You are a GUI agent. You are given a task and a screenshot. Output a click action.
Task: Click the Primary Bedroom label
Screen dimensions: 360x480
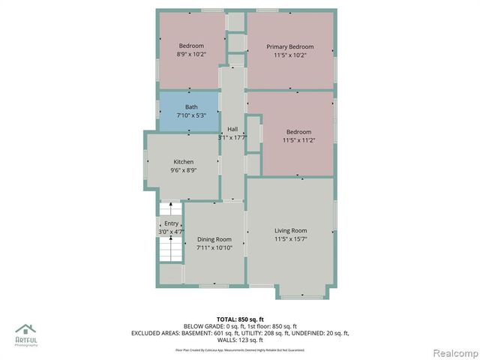pyautogui.click(x=290, y=46)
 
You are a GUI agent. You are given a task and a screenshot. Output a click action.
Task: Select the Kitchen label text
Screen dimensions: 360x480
pyautogui.click(x=184, y=162)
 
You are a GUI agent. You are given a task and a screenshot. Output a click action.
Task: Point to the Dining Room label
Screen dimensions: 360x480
pyautogui.click(x=214, y=239)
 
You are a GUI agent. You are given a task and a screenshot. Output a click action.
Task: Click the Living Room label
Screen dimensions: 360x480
pyautogui.click(x=290, y=230)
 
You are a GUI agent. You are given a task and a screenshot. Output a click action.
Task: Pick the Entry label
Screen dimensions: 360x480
pyautogui.click(x=172, y=223)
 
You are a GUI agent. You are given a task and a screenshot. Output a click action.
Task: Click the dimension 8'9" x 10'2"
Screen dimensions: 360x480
pyautogui.click(x=191, y=55)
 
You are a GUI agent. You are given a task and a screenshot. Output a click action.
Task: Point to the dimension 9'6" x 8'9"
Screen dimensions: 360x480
pyautogui.click(x=184, y=171)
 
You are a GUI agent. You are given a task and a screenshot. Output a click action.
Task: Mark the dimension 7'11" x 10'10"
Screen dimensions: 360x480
pyautogui.click(x=214, y=248)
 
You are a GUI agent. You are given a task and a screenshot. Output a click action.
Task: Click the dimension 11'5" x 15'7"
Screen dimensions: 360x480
pyautogui.click(x=290, y=239)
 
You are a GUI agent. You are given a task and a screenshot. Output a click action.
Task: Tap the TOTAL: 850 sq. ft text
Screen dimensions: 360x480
pyautogui.click(x=240, y=319)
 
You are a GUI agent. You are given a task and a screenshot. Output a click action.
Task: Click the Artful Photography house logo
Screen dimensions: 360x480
pyautogui.click(x=26, y=328)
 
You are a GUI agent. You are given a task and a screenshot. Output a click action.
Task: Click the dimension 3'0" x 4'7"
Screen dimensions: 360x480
pyautogui.click(x=172, y=232)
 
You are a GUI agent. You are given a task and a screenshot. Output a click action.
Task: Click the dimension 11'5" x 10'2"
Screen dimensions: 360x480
pyautogui.click(x=290, y=55)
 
